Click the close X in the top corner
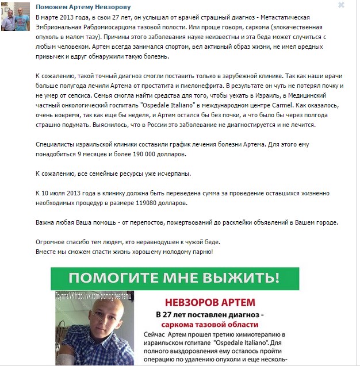341,5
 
